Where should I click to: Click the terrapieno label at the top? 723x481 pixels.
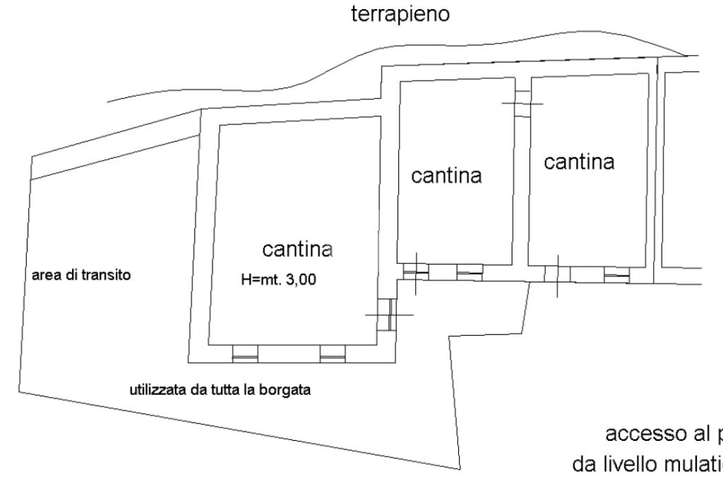400,16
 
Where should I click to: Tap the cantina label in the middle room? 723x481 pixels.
447,176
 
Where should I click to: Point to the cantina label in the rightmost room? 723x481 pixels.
579,162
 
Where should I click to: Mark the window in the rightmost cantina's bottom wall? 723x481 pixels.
616,274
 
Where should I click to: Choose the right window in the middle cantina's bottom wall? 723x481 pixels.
469,271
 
